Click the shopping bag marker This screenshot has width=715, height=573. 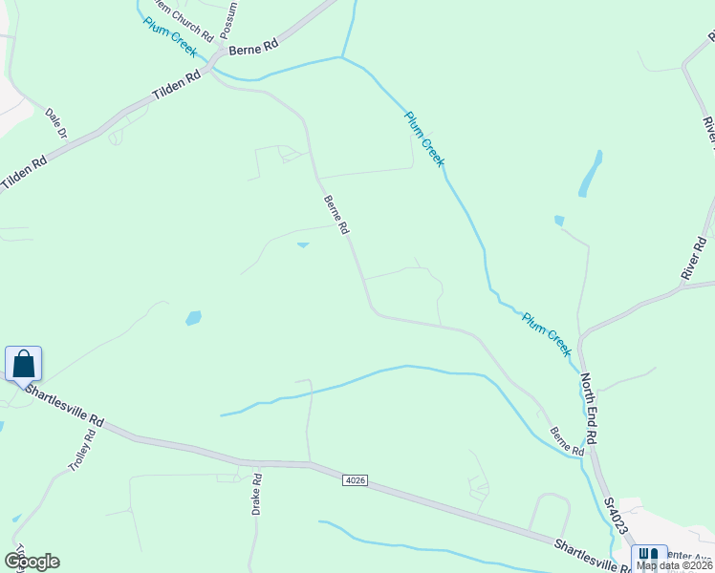pyautogui.click(x=23, y=364)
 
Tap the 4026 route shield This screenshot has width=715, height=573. pyautogui.click(x=355, y=480)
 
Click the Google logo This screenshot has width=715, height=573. pyautogui.click(x=32, y=562)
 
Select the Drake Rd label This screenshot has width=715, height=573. pyautogui.click(x=256, y=493)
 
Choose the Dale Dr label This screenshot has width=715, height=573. pyautogui.click(x=54, y=123)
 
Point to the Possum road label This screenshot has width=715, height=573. pyautogui.click(x=229, y=20)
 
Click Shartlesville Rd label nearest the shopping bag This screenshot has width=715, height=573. pyautogui.click(x=65, y=405)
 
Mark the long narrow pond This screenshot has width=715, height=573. pyautogui.click(x=590, y=174)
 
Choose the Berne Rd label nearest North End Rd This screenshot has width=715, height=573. pyautogui.click(x=566, y=440)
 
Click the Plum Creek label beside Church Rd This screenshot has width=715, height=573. pyautogui.click(x=170, y=37)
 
